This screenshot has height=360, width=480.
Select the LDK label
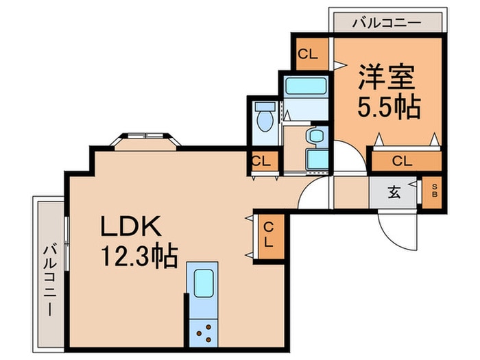pos(131,226)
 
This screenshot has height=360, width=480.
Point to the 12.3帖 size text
pos(140,256)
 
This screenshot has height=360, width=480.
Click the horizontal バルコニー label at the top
pos(386,23)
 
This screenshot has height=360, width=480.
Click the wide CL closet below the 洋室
pos(403,161)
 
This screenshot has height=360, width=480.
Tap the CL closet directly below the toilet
pos(261,162)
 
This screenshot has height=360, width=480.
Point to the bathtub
pos(305,87)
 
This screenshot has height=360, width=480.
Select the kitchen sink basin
pos(204,282)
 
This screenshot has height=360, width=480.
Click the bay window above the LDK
pos(145,139)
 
